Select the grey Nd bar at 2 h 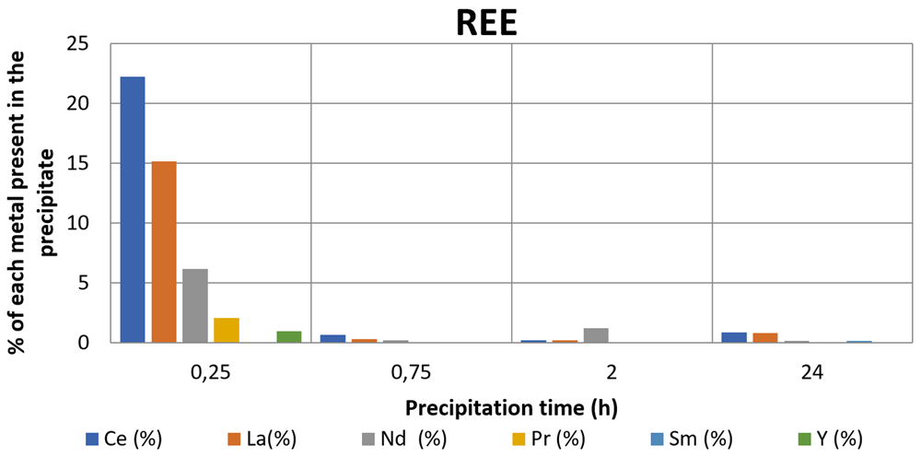click(596, 335)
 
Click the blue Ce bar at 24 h click(734, 337)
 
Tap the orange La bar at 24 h click(764, 338)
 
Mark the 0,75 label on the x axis click(411, 373)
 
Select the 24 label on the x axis click(812, 373)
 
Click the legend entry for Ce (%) click(123, 439)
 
